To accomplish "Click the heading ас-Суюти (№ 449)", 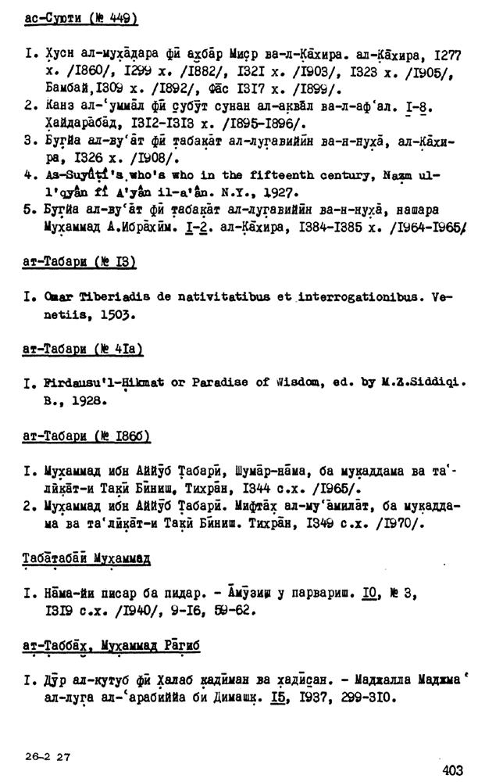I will [x=76, y=17].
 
